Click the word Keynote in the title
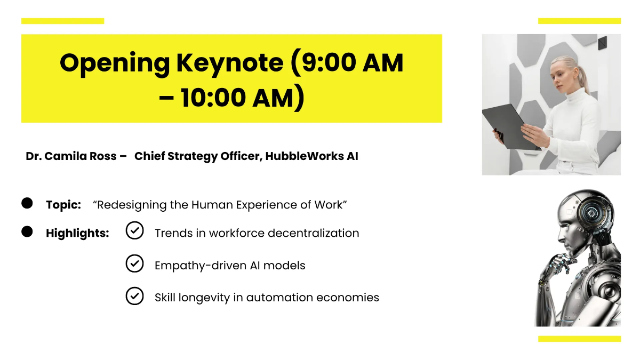pos(230,63)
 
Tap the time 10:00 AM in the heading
pos(237,98)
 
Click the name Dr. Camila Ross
pos(71,156)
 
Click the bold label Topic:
pos(63,205)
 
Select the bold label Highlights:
pos(77,233)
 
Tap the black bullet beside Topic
pos(27,203)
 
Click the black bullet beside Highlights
pos(27,231)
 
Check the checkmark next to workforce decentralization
pos(134,230)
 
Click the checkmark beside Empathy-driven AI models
pos(134,263)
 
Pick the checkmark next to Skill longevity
pos(134,295)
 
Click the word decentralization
pos(314,233)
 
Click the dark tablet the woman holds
pos(509,127)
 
